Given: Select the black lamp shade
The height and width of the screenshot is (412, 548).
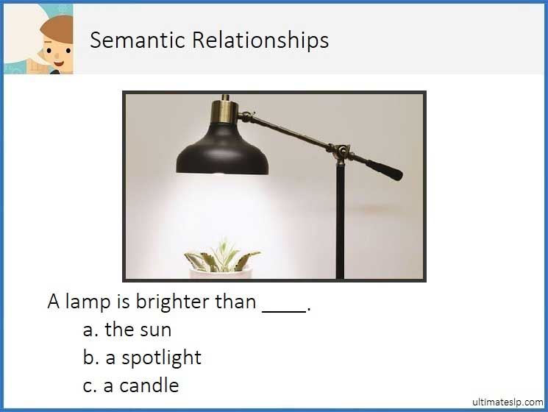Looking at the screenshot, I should pos(222,150).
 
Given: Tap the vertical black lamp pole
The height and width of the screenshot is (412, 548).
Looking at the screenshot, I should pos(340,221).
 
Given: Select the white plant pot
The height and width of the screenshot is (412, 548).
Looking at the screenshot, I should pos(221,274).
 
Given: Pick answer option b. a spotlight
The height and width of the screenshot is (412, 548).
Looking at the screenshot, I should pos(142,358).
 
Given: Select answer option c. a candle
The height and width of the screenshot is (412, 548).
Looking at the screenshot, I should pos(131,385).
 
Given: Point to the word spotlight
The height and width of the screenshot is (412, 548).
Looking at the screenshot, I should pos(161,358).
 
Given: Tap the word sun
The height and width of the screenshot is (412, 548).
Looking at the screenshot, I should pos(157,330).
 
